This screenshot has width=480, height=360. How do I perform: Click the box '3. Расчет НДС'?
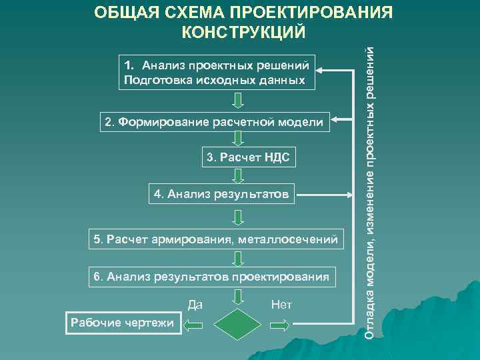(x=248, y=158)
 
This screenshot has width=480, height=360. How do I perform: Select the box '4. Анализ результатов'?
(x=221, y=195)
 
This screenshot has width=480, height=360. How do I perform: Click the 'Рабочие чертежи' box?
(x=120, y=323)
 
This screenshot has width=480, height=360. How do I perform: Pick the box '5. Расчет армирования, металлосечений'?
(x=217, y=239)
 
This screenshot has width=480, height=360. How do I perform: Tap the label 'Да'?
(x=195, y=305)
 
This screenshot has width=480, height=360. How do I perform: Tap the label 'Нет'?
(x=282, y=305)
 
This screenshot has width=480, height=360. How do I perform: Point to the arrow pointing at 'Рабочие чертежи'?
(x=193, y=325)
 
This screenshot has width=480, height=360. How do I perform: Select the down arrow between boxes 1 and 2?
(x=238, y=101)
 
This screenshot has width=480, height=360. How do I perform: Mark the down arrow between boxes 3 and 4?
(x=238, y=177)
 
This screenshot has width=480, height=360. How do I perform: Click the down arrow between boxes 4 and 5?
(x=238, y=217)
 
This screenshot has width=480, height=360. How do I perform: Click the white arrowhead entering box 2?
(x=337, y=121)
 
